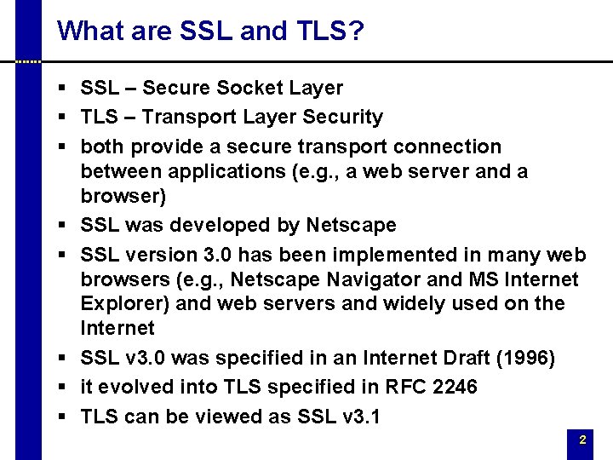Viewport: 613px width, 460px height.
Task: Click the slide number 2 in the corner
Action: [582, 440]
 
